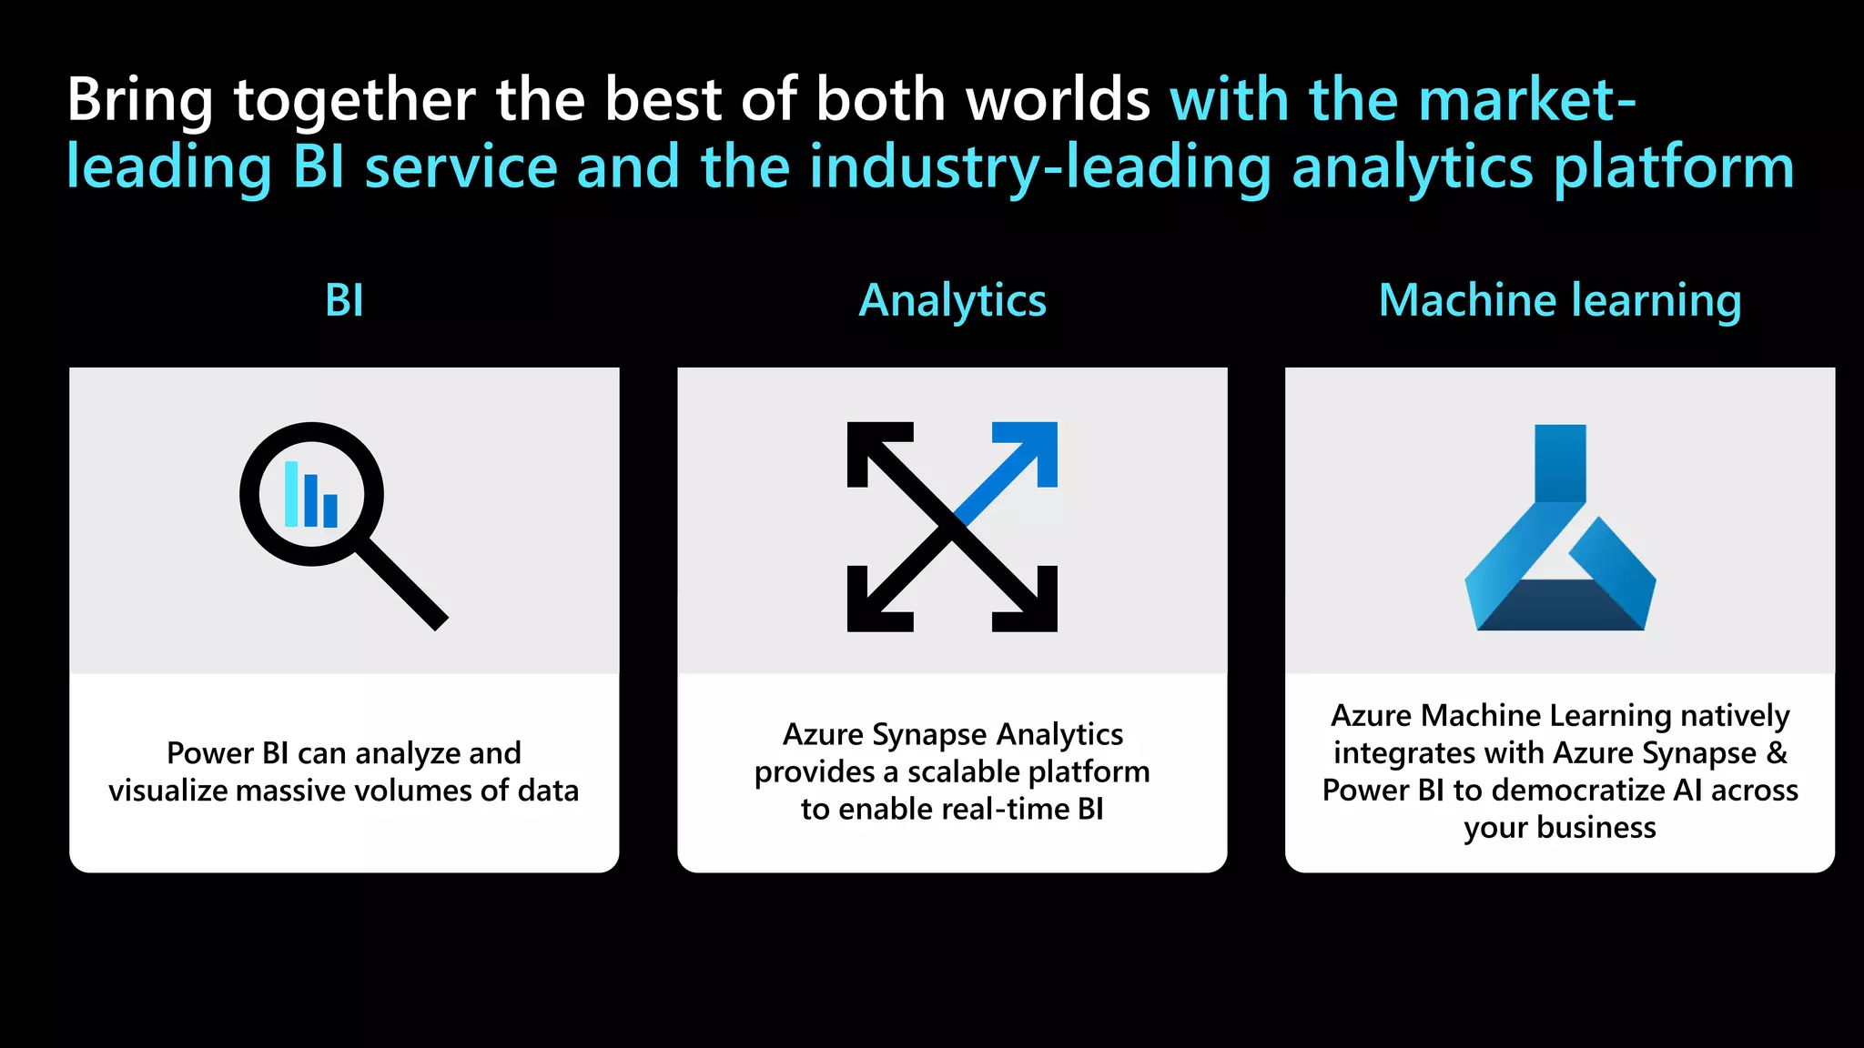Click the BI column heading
point(344,300)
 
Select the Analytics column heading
point(952,300)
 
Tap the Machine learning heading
point(1560,300)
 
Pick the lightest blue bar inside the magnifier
point(291,494)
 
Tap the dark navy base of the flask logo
point(1560,607)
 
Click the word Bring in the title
point(139,100)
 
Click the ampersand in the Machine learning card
point(1777,753)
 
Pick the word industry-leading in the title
point(1039,167)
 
